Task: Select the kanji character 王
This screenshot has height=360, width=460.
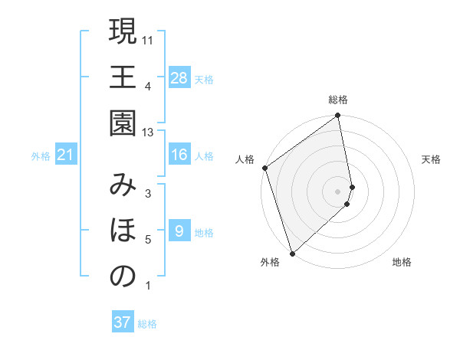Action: tap(123, 77)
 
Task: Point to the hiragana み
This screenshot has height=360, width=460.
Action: tap(123, 185)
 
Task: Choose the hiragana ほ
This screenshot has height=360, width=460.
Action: tap(123, 231)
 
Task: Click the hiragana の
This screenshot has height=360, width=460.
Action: tap(123, 277)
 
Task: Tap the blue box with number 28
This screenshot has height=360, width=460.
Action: tap(179, 78)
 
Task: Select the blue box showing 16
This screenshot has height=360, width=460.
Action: tap(179, 155)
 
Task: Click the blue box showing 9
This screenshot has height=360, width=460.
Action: tap(179, 231)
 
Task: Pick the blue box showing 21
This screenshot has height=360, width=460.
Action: tap(66, 155)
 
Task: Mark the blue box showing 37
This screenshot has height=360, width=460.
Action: tap(122, 322)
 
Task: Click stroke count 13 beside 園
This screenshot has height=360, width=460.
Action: tap(148, 133)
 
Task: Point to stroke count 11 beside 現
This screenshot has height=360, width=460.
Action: tap(148, 39)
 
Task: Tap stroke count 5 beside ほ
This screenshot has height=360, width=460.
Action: tap(148, 240)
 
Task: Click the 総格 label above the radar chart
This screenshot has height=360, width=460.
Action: tap(338, 100)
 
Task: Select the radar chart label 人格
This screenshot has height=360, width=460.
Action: tap(245, 159)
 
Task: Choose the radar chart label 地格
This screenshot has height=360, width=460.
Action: tap(402, 262)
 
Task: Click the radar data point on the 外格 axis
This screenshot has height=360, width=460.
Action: tap(291, 253)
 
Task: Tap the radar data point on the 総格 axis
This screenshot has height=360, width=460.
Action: tap(338, 116)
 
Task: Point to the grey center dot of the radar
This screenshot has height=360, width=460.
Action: tap(338, 191)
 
